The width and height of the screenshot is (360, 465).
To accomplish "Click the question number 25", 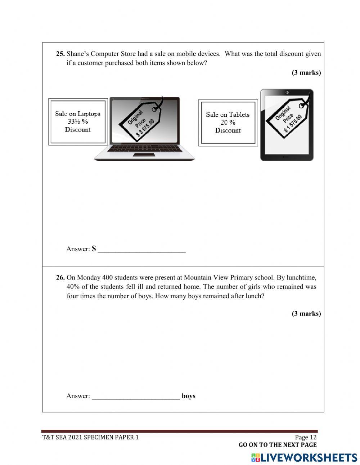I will click(x=60, y=54).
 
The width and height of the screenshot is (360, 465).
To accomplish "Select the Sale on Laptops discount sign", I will click(x=78, y=122).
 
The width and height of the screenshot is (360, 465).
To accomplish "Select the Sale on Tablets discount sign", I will click(x=228, y=122).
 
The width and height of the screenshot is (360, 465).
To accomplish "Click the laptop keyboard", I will click(x=144, y=148).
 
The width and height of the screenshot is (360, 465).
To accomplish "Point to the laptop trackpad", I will click(x=144, y=155).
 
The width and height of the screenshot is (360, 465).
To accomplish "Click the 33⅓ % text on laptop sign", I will click(x=78, y=122).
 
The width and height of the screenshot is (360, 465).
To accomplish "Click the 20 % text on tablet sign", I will click(x=228, y=122).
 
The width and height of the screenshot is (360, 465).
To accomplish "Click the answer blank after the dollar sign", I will click(x=141, y=249).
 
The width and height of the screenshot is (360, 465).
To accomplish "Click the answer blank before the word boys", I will click(x=136, y=396).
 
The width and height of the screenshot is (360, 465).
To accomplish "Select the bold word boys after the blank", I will click(x=189, y=396).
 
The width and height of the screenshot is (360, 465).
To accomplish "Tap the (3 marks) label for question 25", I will click(x=306, y=73).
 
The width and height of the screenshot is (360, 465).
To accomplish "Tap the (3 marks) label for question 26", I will click(x=306, y=314).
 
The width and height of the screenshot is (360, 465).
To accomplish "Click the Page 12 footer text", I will click(x=306, y=437).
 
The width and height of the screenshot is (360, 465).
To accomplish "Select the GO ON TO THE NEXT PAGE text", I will click(x=278, y=445).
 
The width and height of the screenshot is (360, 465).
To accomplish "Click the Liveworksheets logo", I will click(x=304, y=458).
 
